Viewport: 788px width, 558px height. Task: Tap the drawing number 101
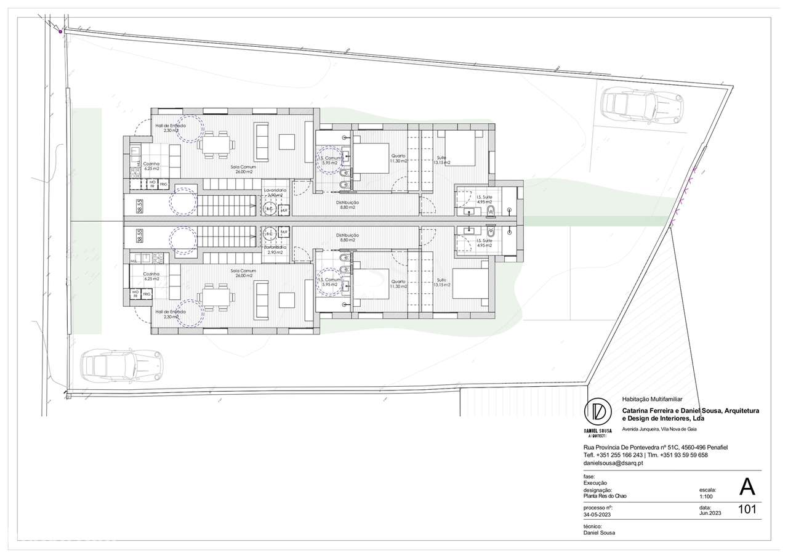coord(747,509)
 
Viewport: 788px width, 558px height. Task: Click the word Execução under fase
coord(595,482)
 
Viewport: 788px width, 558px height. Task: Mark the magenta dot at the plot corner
coord(60,31)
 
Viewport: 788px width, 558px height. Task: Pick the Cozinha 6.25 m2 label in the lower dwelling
coord(151,277)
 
